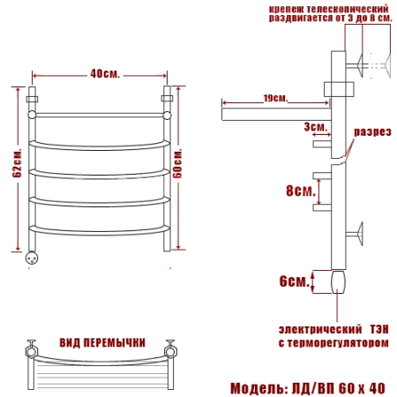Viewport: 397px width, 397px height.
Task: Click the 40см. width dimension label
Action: point(105,73)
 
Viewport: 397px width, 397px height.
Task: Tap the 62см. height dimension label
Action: point(17,162)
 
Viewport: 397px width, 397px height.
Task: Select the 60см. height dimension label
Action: point(177,163)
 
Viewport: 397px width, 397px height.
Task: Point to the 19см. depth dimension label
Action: point(275,98)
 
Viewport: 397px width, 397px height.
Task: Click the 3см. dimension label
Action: point(316,127)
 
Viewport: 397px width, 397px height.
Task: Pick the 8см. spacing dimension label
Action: point(301,191)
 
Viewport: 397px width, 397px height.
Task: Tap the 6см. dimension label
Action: point(295,281)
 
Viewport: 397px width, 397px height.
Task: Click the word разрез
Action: point(372,132)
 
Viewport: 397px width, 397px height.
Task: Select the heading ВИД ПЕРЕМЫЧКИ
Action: point(102,343)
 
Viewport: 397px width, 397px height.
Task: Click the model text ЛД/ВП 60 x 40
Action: point(338,388)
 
